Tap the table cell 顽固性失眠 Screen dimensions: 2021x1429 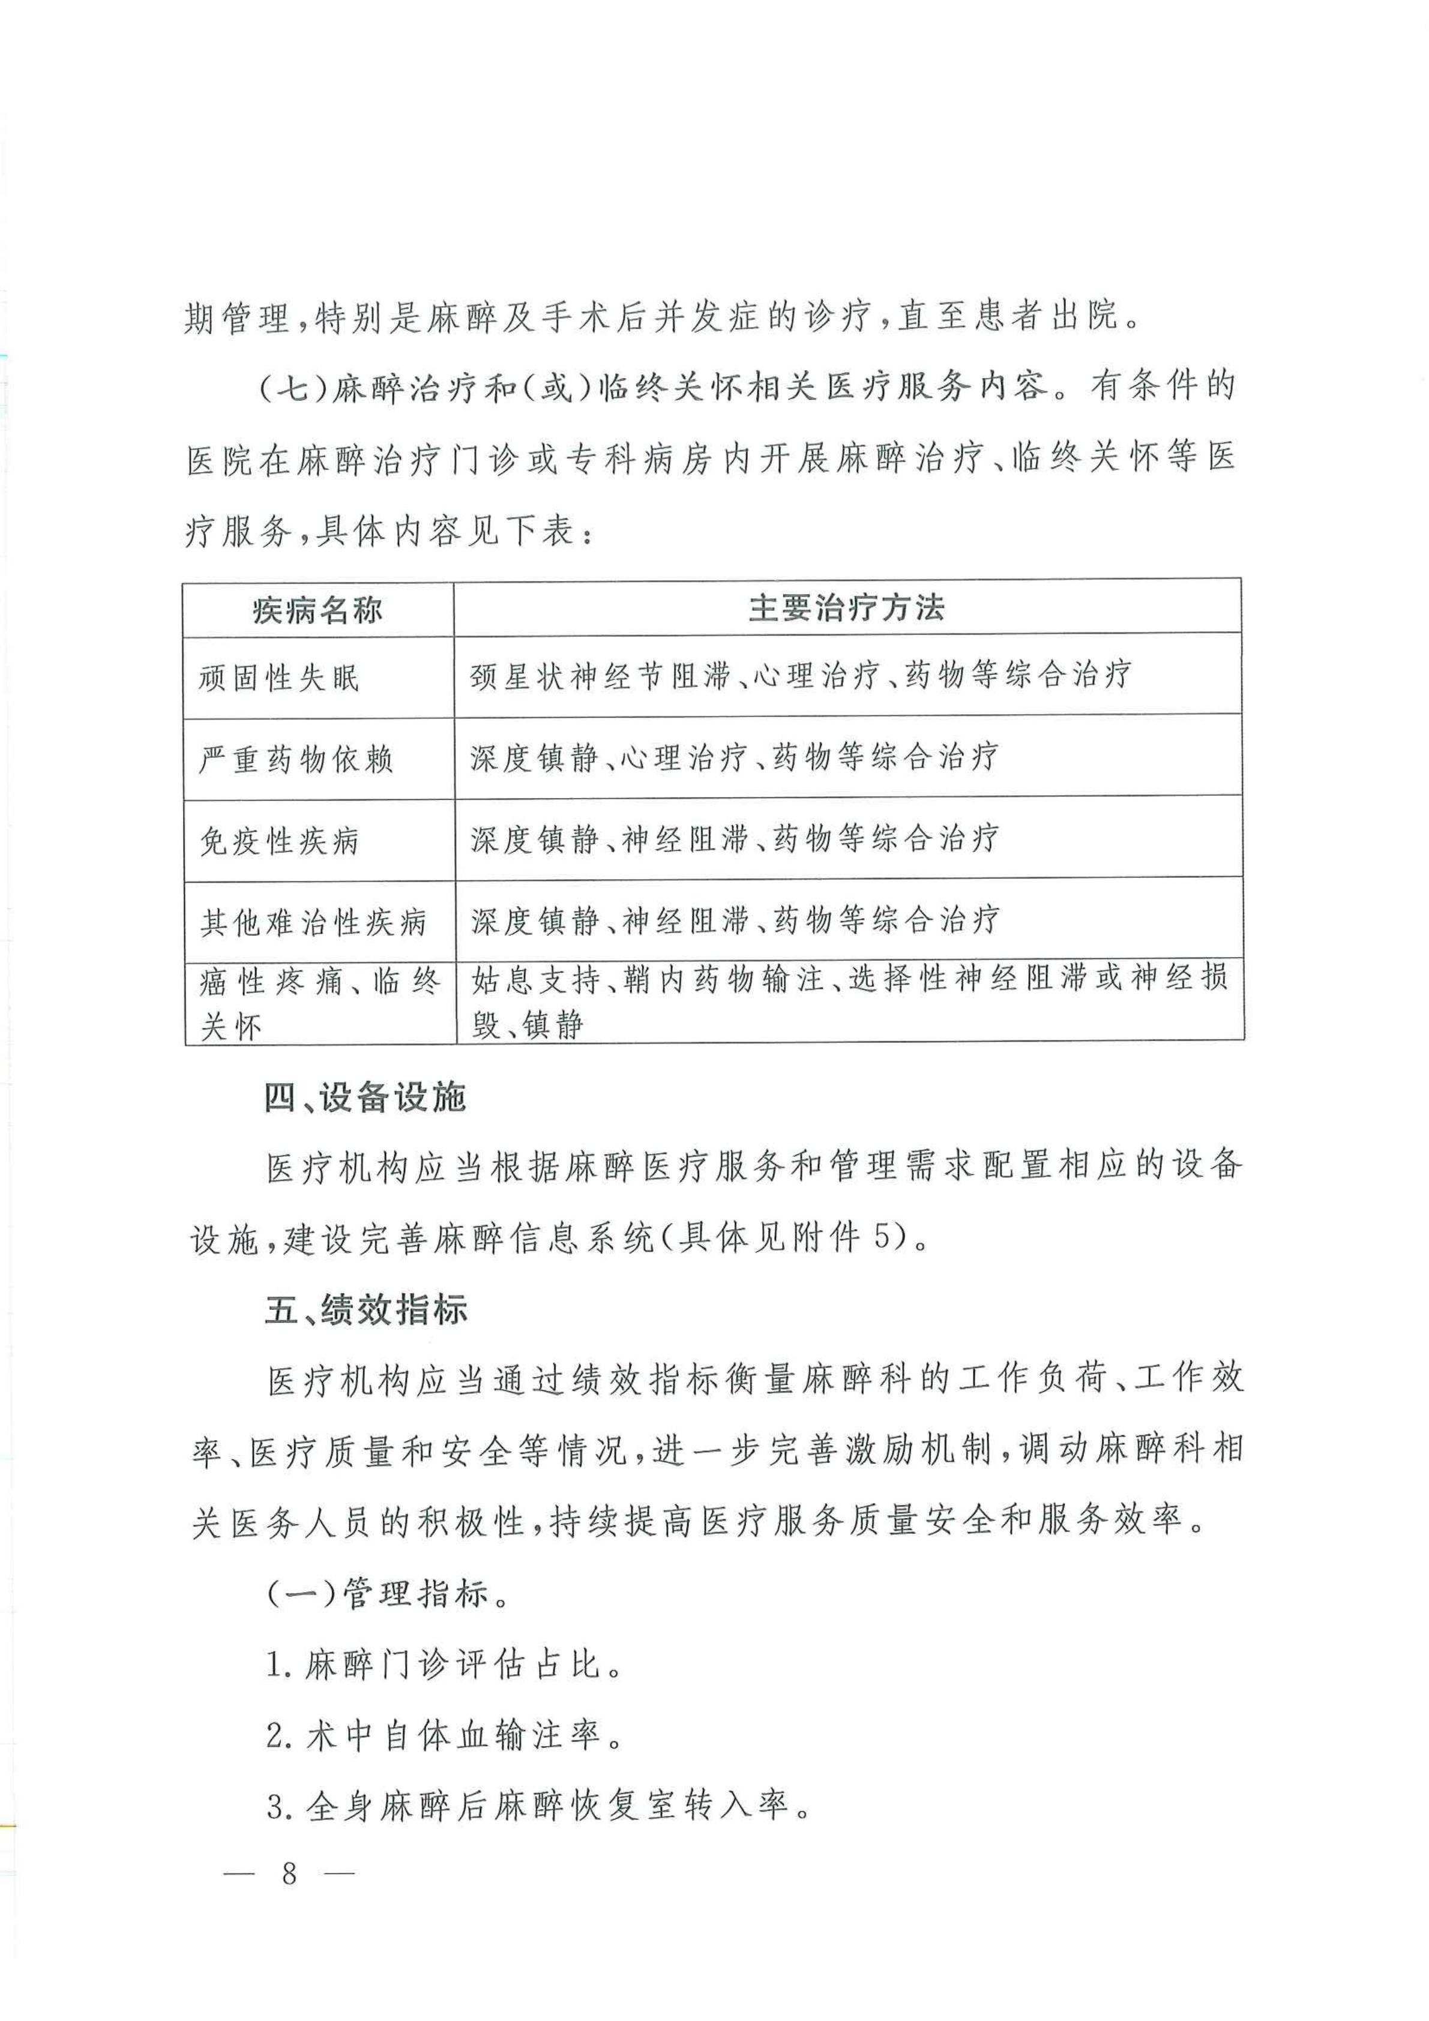pos(279,678)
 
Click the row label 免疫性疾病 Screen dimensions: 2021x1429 pos(279,841)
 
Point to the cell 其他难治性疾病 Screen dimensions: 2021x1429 pos(313,922)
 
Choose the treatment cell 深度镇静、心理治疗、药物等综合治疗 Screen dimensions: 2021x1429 pos(735,758)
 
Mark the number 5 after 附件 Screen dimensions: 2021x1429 pos(880,1239)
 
